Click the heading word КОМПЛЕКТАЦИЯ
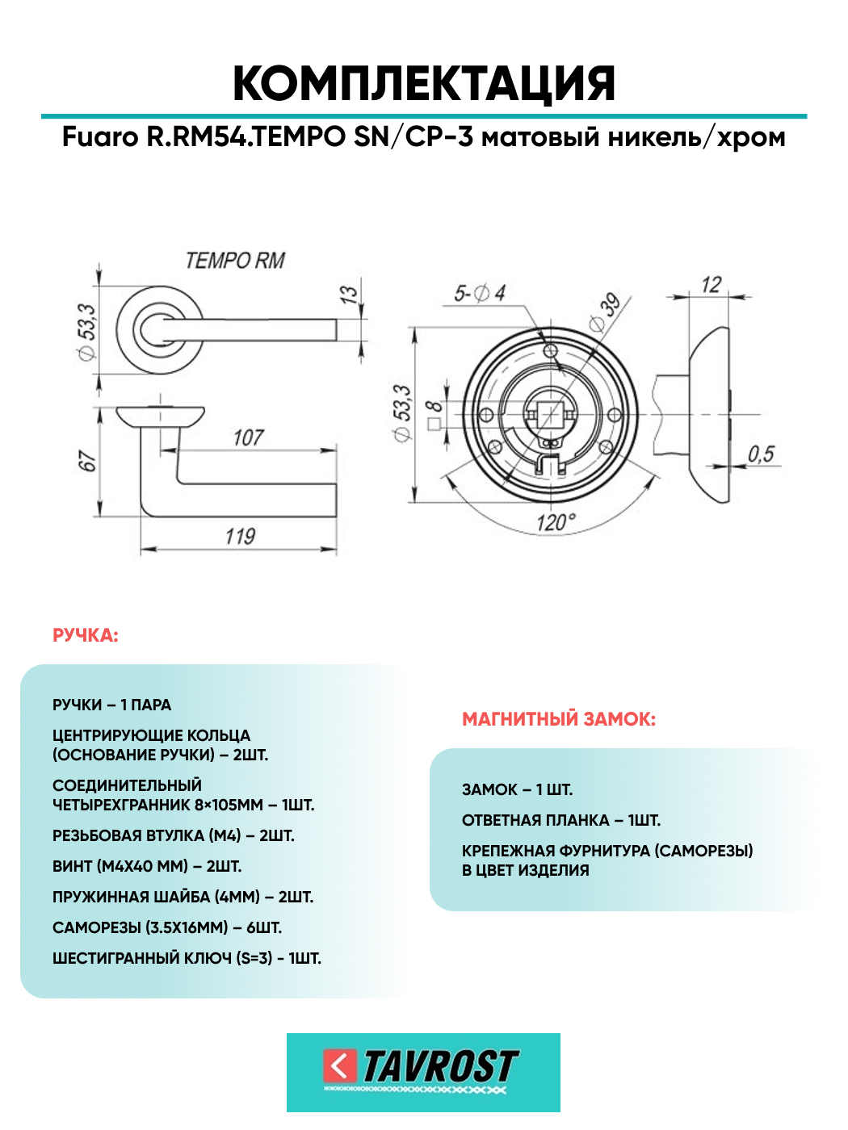coord(424,84)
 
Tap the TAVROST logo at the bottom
coord(423,1071)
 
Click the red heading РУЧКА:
coord(85,636)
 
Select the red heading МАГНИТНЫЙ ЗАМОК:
coord(558,719)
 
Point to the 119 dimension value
coord(240,537)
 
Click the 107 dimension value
coord(248,437)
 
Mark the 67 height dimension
coord(86,462)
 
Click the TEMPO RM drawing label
coord(235,261)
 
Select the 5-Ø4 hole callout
coord(479,294)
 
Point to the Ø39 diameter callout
coord(606,312)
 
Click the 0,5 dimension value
coord(761,454)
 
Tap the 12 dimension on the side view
coord(711,285)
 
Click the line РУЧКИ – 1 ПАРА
coord(111,705)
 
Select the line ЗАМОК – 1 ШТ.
coord(517,790)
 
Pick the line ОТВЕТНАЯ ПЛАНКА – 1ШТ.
coord(560,821)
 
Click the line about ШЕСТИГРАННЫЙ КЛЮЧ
coord(187,959)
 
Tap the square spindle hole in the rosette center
coord(550,414)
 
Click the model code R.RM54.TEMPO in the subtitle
coord(246,137)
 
